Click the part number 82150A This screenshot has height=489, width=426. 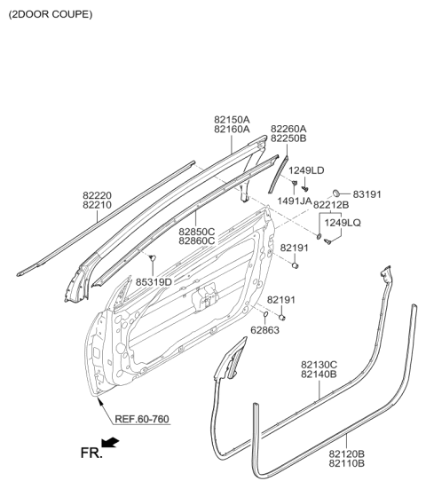pos(231,118)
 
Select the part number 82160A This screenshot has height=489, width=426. pos(231,130)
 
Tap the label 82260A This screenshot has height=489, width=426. pos(288,128)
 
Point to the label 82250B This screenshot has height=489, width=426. pos(288,139)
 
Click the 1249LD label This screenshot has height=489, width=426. pos(305,170)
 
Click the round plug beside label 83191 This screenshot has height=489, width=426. pos(338,193)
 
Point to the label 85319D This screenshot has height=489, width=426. pos(154,281)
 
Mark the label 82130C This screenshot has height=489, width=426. pos(318,364)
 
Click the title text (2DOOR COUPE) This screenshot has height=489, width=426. pos(49,15)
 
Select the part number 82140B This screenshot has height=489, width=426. pos(318,375)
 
